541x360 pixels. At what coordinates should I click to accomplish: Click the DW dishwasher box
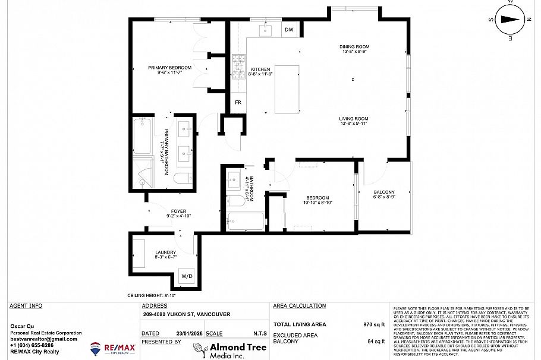point(289,30)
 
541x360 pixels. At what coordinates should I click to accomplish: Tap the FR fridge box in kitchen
point(238,102)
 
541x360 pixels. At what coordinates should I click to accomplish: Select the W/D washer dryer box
point(187,276)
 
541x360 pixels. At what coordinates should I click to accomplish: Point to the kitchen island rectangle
point(288,89)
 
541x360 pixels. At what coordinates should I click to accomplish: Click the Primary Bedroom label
point(169,70)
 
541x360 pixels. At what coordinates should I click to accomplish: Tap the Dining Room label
point(354,49)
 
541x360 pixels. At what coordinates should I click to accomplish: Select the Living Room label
point(354,121)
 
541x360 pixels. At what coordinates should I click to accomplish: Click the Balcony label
point(383,194)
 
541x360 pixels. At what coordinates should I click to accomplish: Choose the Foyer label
point(178,213)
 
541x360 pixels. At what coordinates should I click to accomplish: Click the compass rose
point(509,18)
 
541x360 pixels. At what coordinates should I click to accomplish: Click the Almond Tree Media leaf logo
point(199,349)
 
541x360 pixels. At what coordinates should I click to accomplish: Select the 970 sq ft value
point(375,324)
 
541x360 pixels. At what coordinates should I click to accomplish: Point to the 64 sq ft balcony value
point(376,342)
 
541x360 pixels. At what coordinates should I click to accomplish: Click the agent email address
point(44,339)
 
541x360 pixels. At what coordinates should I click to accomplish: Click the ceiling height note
point(152,295)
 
